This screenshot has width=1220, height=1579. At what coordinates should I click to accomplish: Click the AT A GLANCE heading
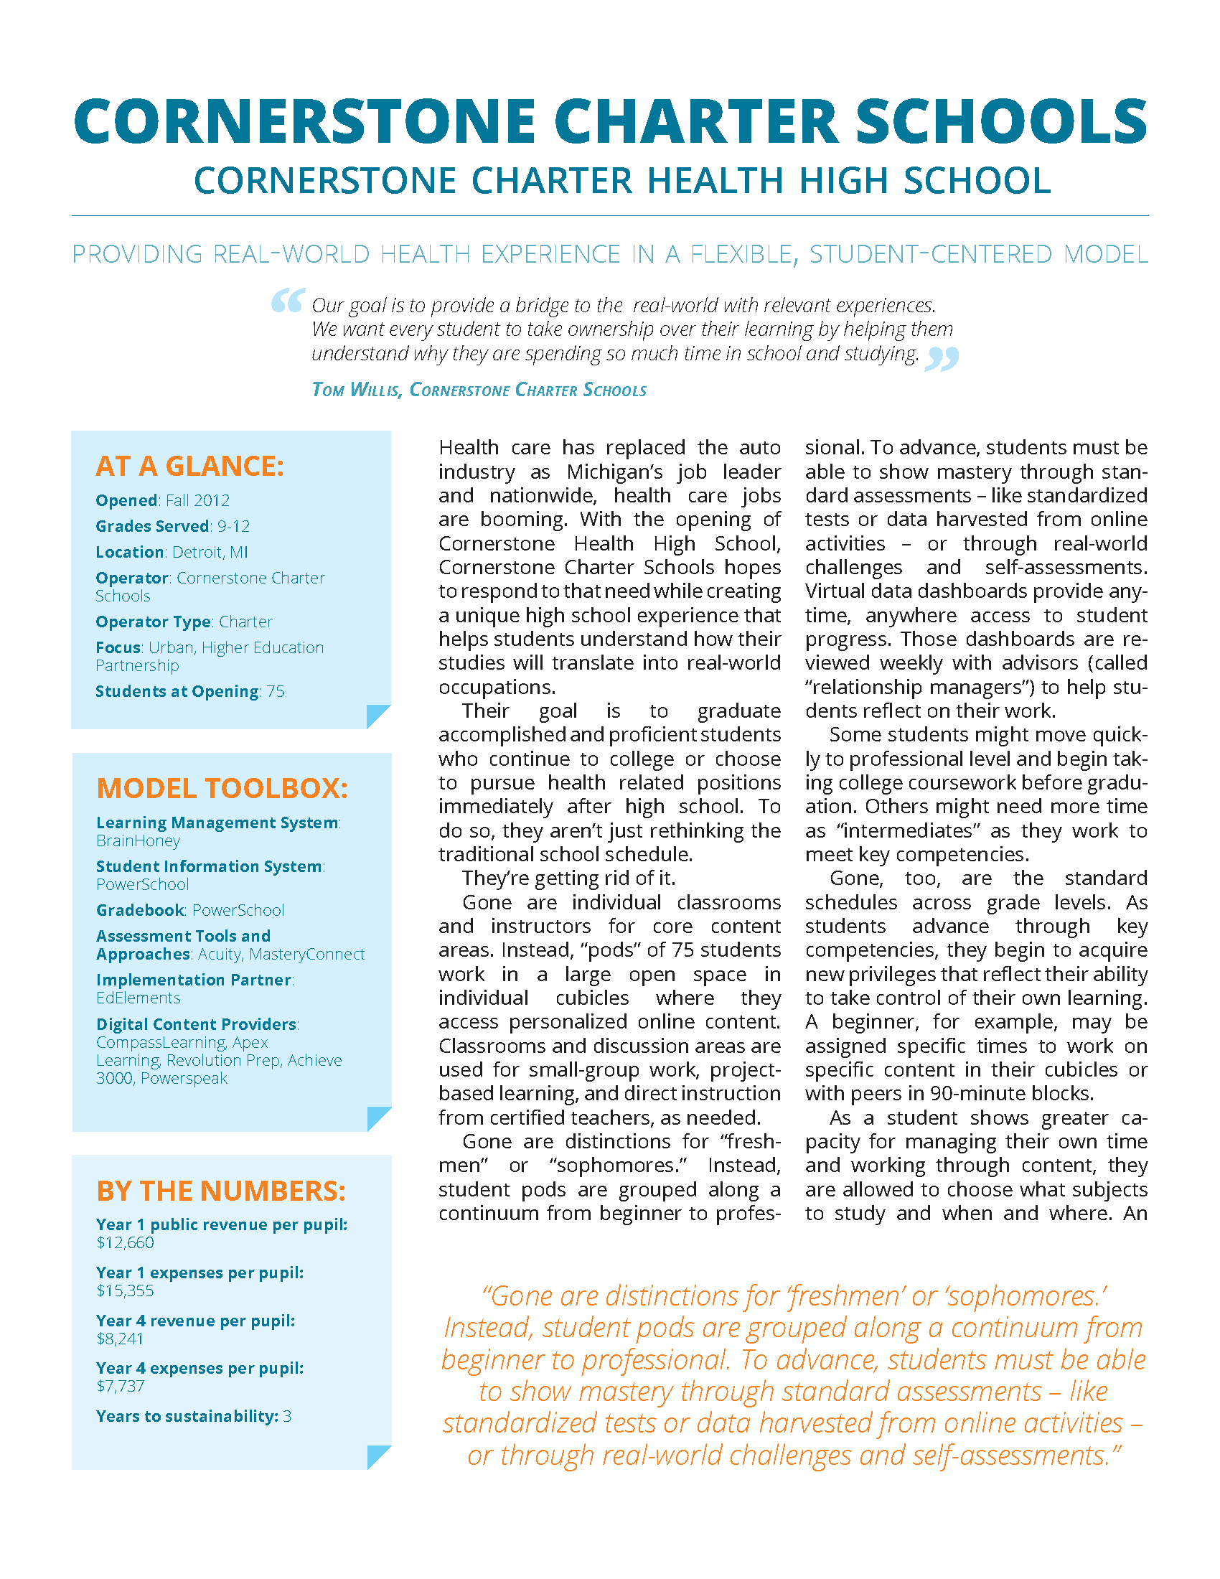[x=189, y=467]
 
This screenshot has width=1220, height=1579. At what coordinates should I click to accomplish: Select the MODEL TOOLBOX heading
[x=222, y=788]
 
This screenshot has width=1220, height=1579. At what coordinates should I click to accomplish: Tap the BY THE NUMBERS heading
[x=221, y=1191]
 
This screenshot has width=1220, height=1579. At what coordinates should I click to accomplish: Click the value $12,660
[x=125, y=1243]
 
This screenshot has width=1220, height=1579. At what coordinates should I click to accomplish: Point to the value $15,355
[x=125, y=1290]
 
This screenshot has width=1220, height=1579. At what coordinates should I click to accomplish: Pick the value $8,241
[x=120, y=1339]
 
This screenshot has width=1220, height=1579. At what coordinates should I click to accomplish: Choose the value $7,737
[x=120, y=1386]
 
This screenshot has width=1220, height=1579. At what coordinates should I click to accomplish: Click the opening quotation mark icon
[x=287, y=300]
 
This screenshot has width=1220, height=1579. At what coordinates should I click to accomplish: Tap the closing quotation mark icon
[x=942, y=358]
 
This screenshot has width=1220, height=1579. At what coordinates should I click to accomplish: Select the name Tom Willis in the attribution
[x=355, y=390]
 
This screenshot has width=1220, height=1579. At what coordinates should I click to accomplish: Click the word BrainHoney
[x=138, y=841]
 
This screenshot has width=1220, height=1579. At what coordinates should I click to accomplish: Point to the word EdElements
[x=138, y=998]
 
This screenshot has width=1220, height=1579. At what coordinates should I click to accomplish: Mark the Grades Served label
[x=152, y=526]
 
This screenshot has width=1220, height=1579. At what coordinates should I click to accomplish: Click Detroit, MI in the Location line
[x=210, y=553]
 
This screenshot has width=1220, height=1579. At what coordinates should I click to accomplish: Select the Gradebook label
[x=140, y=910]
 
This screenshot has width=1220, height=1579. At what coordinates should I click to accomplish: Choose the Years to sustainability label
[x=187, y=1416]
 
